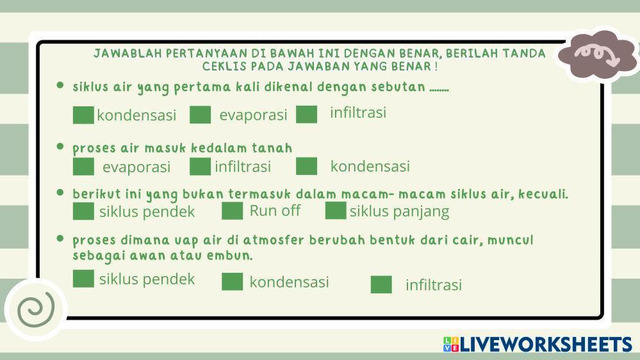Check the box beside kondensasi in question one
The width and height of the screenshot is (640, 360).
coord(83,115)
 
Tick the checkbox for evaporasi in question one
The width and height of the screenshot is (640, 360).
coord(200,115)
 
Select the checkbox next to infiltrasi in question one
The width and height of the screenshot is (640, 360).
coord(306,114)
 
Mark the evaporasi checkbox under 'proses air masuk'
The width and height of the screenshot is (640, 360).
coord(83,167)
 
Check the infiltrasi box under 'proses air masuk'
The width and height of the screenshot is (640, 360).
coord(200,167)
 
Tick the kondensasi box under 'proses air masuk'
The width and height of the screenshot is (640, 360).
coord(306,166)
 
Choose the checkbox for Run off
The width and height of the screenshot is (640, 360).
coord(233,211)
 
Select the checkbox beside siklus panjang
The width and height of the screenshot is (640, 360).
coord(336,211)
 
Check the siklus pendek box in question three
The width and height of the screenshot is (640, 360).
coord(83,211)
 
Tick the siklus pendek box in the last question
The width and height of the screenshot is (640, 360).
coord(83,279)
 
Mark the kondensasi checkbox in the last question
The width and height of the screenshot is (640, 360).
coord(233,282)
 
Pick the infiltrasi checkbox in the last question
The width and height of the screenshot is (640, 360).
coord(381,284)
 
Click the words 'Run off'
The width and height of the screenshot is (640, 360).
coord(275,211)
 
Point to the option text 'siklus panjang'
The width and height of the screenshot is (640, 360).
coord(399,211)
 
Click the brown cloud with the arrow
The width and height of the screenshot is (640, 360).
coord(598,56)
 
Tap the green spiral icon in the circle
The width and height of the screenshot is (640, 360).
coord(36,310)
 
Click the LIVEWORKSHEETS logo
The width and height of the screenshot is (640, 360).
coord(537,344)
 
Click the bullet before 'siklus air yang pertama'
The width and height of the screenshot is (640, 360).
coord(60,85)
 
